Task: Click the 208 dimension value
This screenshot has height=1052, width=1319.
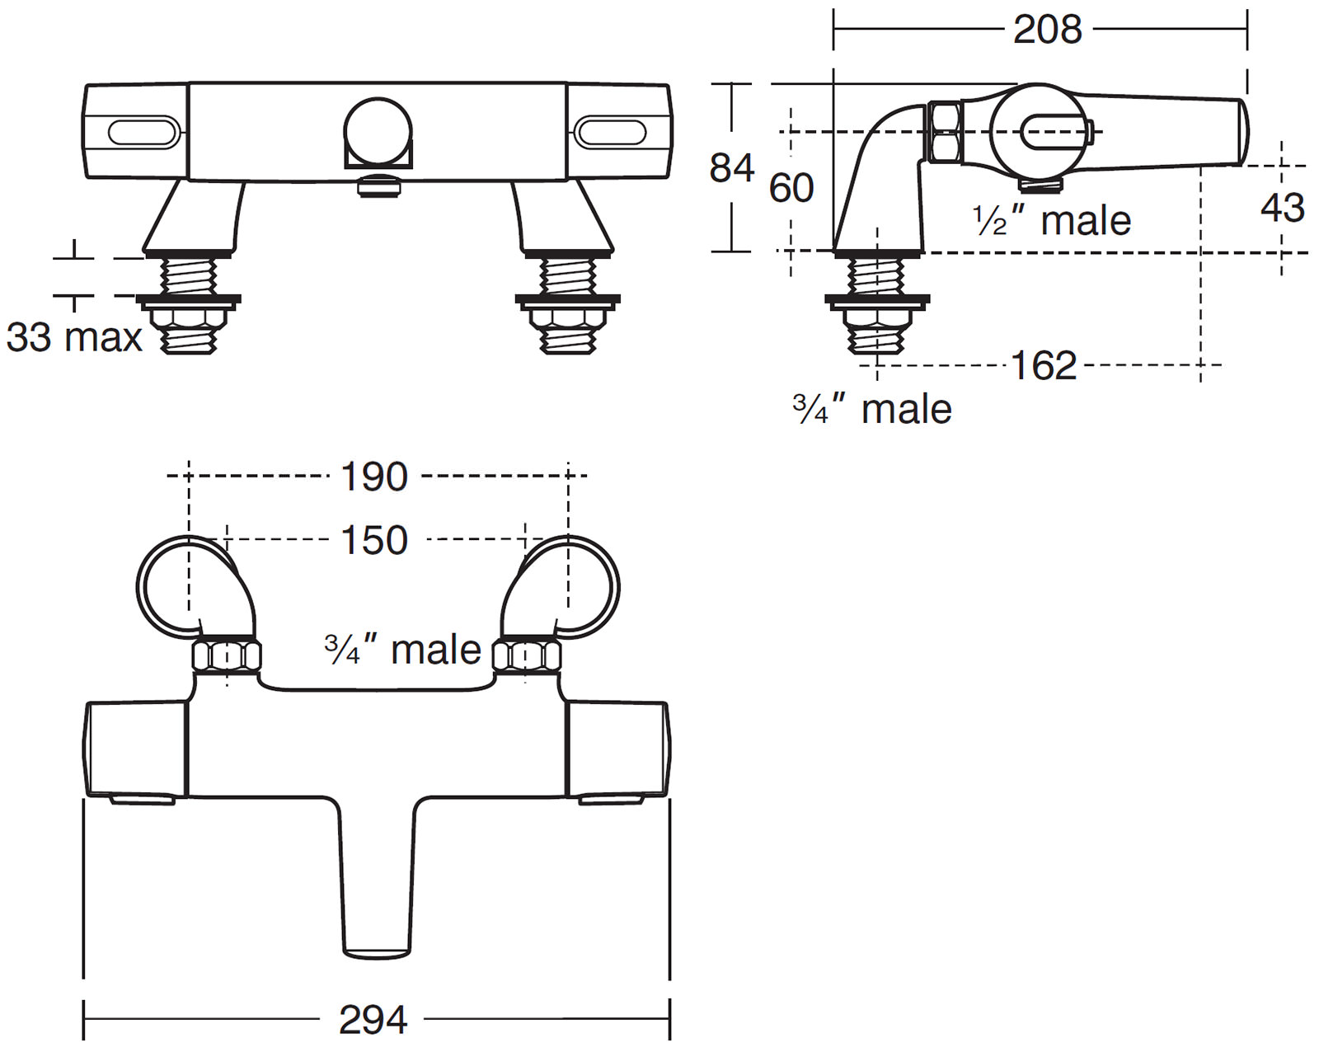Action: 1046,31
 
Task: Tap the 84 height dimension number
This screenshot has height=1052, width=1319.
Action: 731,168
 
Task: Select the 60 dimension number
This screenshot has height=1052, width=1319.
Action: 791,188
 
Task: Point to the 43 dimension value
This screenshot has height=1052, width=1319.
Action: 1282,208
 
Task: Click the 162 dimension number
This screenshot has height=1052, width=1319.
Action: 1044,366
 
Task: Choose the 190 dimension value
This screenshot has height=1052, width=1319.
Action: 374,477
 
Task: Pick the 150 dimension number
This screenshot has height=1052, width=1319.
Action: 374,541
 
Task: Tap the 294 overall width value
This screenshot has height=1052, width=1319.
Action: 373,1021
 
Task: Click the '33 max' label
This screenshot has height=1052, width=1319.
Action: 74,337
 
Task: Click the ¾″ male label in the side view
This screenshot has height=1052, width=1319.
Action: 872,410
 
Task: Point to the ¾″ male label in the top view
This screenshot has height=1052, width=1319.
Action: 403,650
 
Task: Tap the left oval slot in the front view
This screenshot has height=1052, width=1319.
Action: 143,132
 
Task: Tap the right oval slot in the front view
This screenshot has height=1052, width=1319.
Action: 613,132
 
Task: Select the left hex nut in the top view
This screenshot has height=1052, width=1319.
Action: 227,656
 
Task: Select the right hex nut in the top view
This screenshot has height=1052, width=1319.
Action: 527,656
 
